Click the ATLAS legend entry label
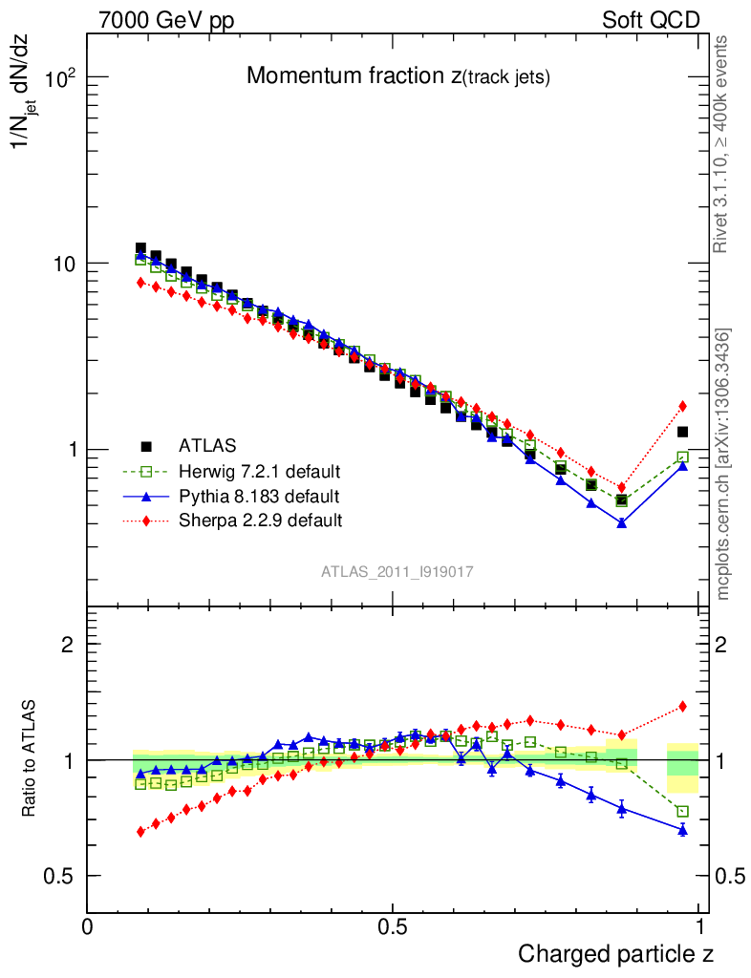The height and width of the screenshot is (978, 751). tap(207, 445)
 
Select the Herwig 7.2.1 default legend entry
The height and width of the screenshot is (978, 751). tap(259, 471)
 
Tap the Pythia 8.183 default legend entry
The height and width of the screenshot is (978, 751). tap(258, 496)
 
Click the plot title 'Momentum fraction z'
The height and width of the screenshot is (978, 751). tap(397, 76)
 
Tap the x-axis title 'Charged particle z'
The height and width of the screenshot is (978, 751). tap(615, 953)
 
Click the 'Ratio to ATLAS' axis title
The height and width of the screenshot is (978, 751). tap(31, 758)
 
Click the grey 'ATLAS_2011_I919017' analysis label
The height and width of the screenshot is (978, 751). tap(397, 571)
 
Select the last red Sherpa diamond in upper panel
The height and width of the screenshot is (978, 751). tap(682, 406)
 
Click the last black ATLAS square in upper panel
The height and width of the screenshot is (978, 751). tap(682, 433)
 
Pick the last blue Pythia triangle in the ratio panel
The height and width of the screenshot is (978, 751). tap(682, 830)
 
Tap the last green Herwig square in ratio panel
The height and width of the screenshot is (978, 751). tap(682, 812)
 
